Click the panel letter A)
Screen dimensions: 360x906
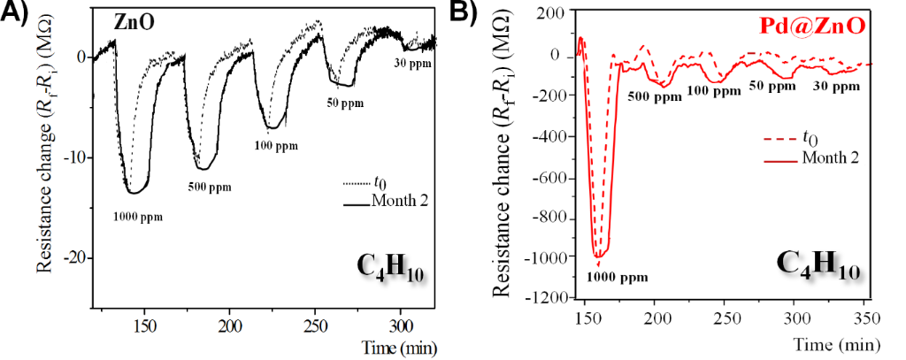(x=15, y=14)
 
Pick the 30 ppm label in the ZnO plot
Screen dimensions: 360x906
(x=415, y=63)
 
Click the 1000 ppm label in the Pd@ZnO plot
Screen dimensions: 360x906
(x=618, y=278)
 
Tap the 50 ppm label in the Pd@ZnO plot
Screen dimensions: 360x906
(x=772, y=86)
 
